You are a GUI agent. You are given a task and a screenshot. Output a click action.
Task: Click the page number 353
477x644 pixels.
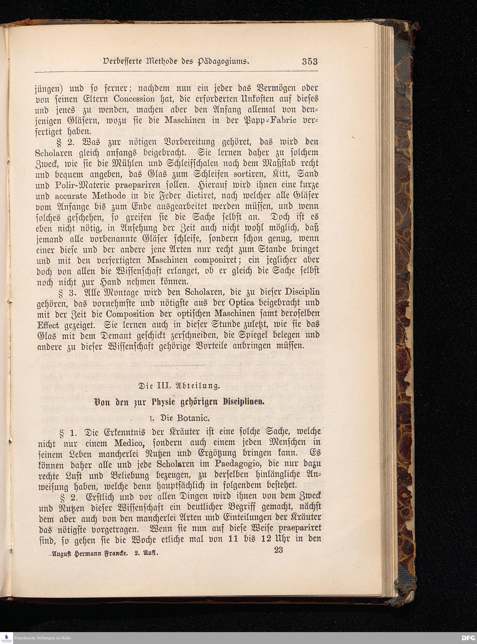tap(310, 61)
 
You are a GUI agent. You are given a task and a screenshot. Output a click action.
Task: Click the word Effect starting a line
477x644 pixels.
tap(48, 325)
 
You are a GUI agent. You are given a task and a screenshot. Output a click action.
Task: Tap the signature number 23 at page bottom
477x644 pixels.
tap(278, 550)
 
